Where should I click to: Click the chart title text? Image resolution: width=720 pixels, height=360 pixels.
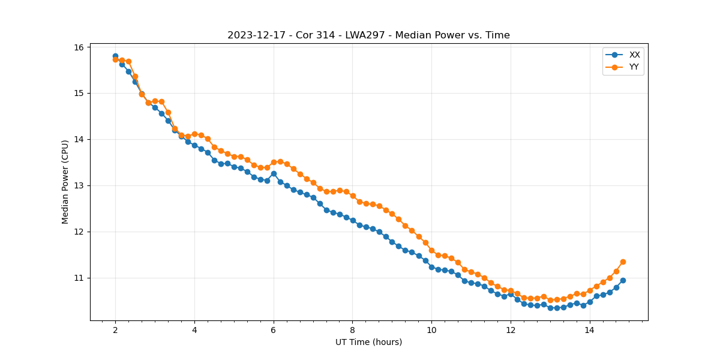coord(368,35)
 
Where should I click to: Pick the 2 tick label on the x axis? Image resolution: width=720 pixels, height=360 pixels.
coord(115,329)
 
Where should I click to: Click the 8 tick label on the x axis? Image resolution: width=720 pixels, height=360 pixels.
coord(352,329)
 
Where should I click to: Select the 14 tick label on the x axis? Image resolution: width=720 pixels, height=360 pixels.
coord(589,329)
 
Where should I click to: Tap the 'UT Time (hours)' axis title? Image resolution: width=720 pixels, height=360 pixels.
coord(368,342)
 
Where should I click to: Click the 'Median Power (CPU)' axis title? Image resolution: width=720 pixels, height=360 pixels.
coord(65,182)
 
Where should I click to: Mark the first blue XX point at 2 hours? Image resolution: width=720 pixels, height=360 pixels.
coord(115,56)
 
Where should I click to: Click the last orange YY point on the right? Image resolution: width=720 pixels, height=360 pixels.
coord(623,262)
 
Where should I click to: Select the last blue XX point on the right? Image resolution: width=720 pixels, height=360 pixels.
coord(623,280)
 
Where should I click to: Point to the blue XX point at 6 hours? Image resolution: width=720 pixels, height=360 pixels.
coord(274,173)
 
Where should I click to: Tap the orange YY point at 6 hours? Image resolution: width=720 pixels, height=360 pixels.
coord(274,162)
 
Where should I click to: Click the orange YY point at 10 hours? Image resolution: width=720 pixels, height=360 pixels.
coord(431,250)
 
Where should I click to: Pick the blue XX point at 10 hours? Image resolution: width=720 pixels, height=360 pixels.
coord(431,267)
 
